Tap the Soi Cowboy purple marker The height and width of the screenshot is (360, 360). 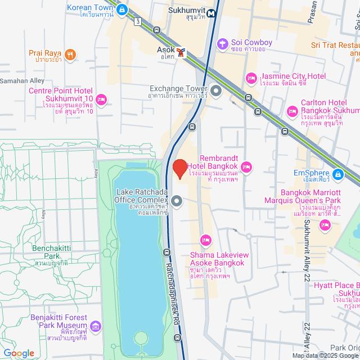click(223, 43)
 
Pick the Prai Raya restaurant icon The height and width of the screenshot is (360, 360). click(70, 55)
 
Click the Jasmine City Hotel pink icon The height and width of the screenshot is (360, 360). click(251, 77)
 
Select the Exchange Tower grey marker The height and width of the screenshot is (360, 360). click(215, 89)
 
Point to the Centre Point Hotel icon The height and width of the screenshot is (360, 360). click(101, 100)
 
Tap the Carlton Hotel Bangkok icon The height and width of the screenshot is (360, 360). click(292, 110)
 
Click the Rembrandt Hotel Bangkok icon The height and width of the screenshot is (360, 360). click(246, 166)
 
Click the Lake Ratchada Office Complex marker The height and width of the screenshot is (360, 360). click(177, 200)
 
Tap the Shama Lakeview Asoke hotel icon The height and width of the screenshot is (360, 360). click(206, 241)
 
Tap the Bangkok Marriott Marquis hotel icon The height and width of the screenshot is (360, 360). click(325, 226)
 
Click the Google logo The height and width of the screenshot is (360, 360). click(19, 353)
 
